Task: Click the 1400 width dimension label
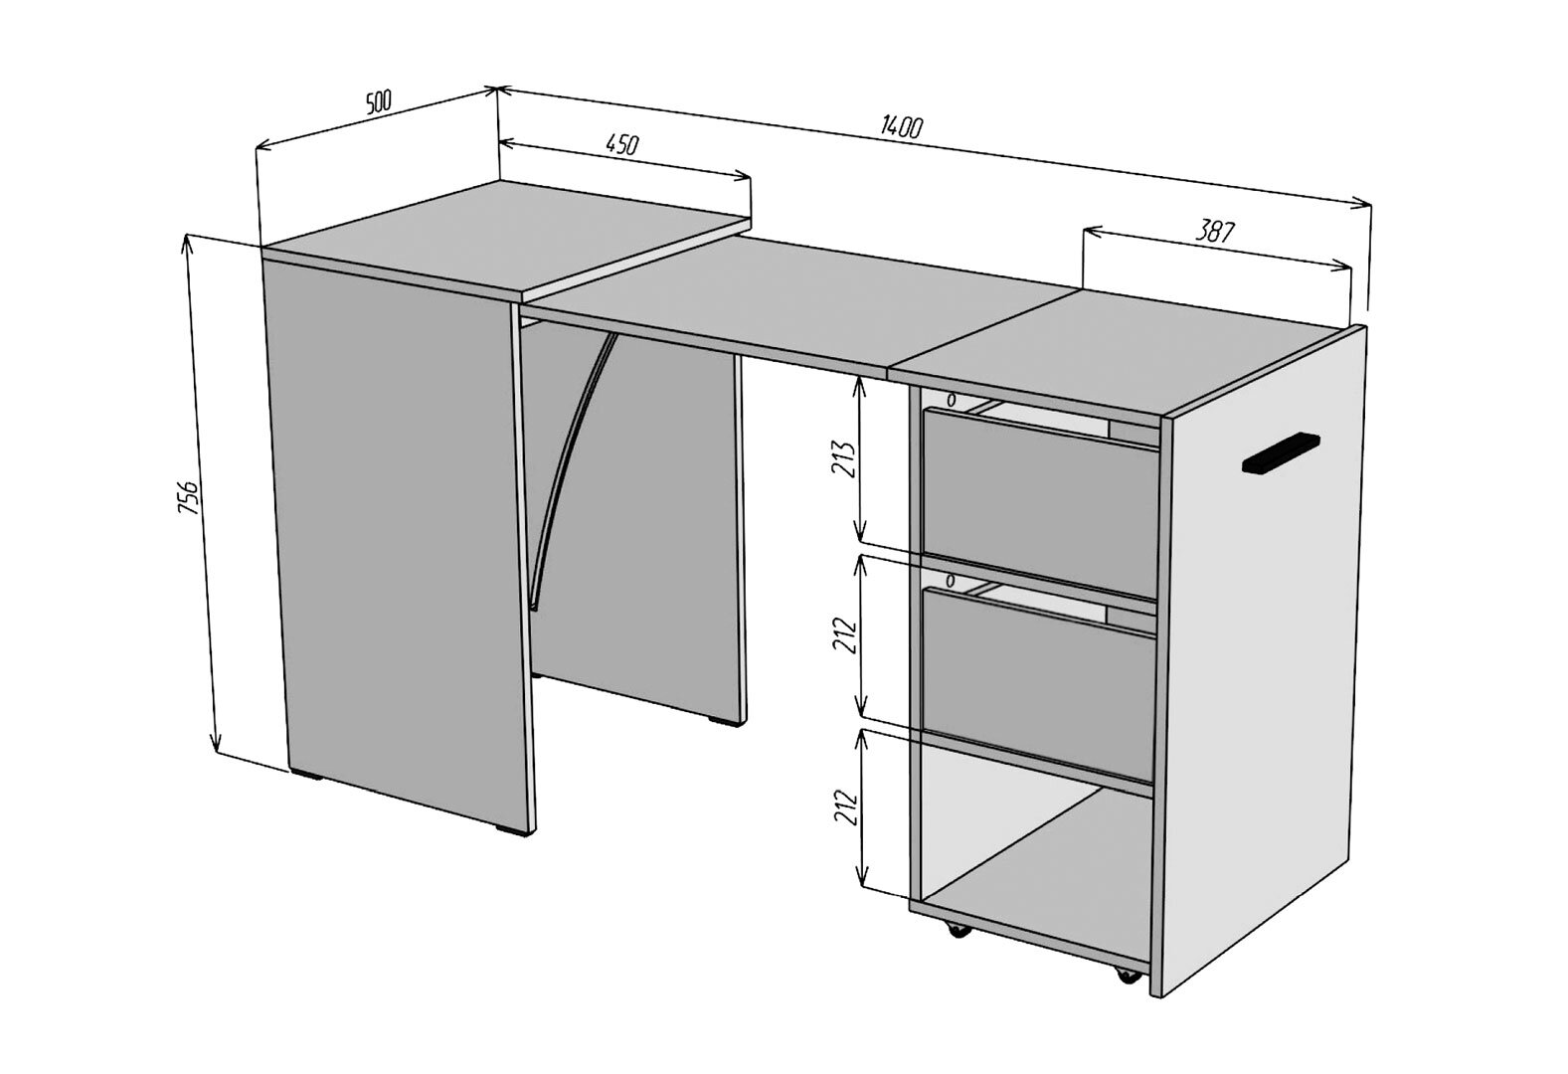tap(902, 126)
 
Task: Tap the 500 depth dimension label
tap(378, 102)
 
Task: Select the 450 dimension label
tap(621, 144)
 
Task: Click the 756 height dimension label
tap(190, 497)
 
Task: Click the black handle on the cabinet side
tap(1281, 454)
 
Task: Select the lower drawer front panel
tap(1039, 684)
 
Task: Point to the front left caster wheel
tap(956, 931)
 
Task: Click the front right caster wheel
tap(1127, 974)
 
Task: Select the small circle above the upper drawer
tap(951, 401)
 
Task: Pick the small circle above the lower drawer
tap(950, 581)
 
